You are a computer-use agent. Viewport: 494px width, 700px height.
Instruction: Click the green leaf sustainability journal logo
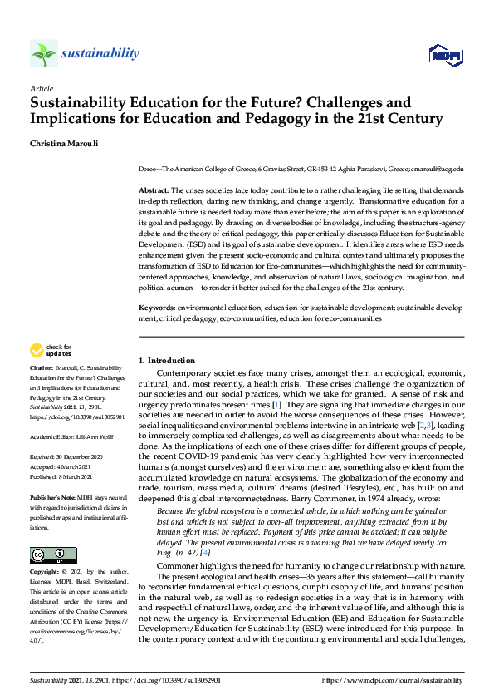coord(43,54)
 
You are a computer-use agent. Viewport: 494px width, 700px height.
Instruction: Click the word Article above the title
coord(41,87)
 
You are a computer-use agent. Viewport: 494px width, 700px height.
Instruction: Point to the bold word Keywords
coord(156,308)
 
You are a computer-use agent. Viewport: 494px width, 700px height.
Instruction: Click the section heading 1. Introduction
coord(166,361)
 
